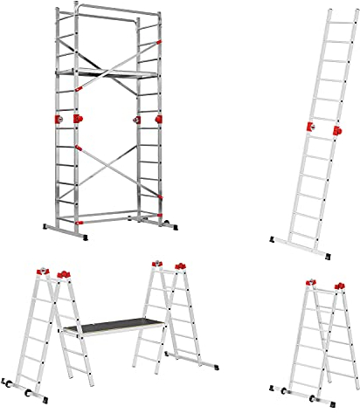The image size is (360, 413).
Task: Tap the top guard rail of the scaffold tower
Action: [108, 13]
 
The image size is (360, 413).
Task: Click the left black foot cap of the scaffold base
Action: [45, 229]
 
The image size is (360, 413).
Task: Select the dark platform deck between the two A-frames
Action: [113, 326]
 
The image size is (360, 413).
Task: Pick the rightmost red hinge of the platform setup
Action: [182, 265]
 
